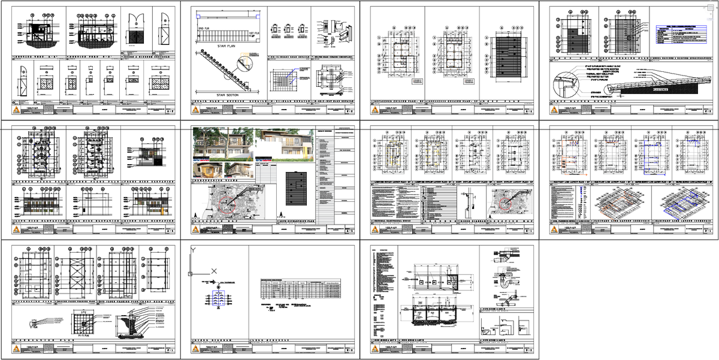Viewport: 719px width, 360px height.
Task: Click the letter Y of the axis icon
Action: [192, 250]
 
